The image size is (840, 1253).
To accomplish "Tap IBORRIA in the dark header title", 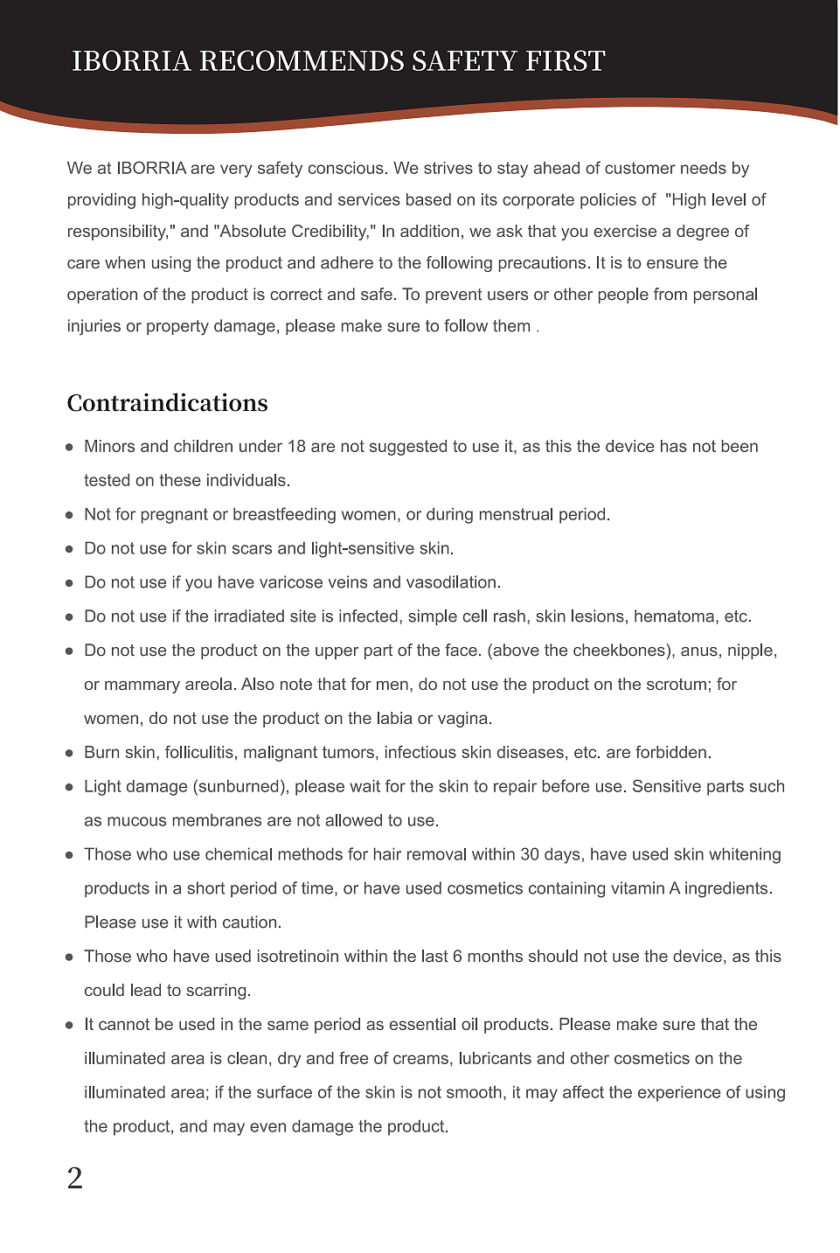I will [x=131, y=61].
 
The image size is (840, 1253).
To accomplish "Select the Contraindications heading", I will [x=168, y=403].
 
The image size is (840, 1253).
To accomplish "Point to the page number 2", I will [x=75, y=1179].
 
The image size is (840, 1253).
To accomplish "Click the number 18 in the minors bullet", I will [x=296, y=447].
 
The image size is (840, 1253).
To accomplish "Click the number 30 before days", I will [x=530, y=855].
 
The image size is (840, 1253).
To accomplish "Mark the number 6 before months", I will [x=457, y=957].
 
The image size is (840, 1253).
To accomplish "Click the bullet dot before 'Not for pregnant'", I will [x=69, y=515].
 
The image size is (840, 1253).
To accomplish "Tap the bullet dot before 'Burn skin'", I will [x=69, y=753].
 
